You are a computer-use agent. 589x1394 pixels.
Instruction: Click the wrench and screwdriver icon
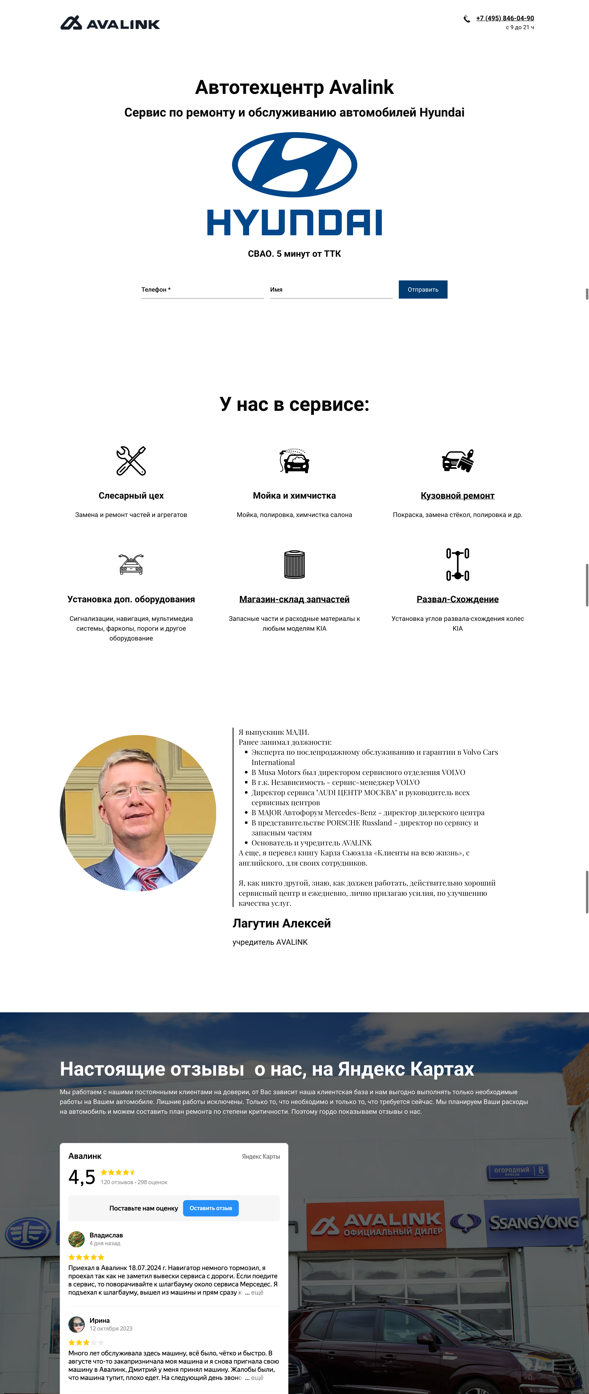pyautogui.click(x=131, y=461)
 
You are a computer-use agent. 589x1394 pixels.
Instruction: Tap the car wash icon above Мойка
pyautogui.click(x=294, y=461)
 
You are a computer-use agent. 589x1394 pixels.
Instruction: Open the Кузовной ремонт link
pyautogui.click(x=457, y=496)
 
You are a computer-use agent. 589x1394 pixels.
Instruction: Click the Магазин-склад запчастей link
pyautogui.click(x=294, y=600)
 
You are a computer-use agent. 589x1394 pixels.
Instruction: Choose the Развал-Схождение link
pyautogui.click(x=457, y=600)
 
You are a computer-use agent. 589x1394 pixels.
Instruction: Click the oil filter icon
pyautogui.click(x=294, y=564)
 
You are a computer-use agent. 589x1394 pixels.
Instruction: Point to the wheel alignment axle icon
pyautogui.click(x=457, y=564)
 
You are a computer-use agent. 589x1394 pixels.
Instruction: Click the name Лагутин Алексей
pyautogui.click(x=281, y=924)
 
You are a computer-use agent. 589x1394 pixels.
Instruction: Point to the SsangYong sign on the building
pyautogui.click(x=533, y=1223)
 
